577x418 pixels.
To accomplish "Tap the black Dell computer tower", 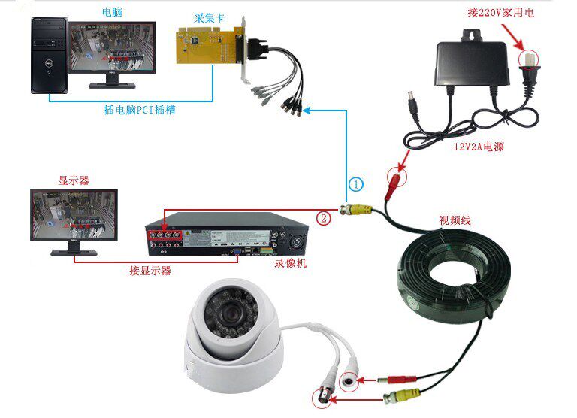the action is point(46,56).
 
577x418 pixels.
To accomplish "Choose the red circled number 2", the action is point(323,218).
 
